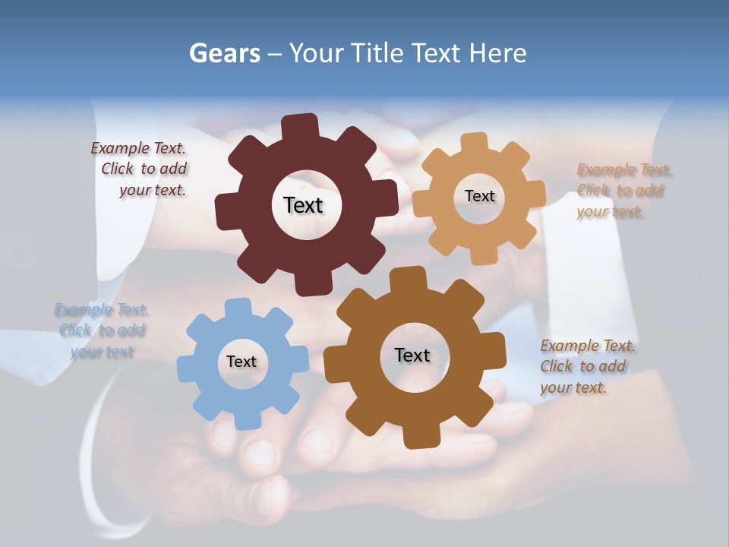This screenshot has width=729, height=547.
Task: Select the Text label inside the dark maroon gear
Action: pyautogui.click(x=303, y=205)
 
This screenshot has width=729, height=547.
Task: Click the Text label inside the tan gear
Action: pyautogui.click(x=479, y=196)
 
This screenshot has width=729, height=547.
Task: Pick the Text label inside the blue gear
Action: pyautogui.click(x=241, y=362)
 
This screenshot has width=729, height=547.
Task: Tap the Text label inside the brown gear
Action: pyautogui.click(x=412, y=356)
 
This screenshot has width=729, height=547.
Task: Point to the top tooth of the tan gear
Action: pyautogui.click(x=475, y=142)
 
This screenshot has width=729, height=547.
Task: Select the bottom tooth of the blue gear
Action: pyautogui.click(x=246, y=419)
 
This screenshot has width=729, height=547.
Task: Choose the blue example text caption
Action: pyautogui.click(x=102, y=330)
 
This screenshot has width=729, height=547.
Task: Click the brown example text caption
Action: pyautogui.click(x=586, y=367)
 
